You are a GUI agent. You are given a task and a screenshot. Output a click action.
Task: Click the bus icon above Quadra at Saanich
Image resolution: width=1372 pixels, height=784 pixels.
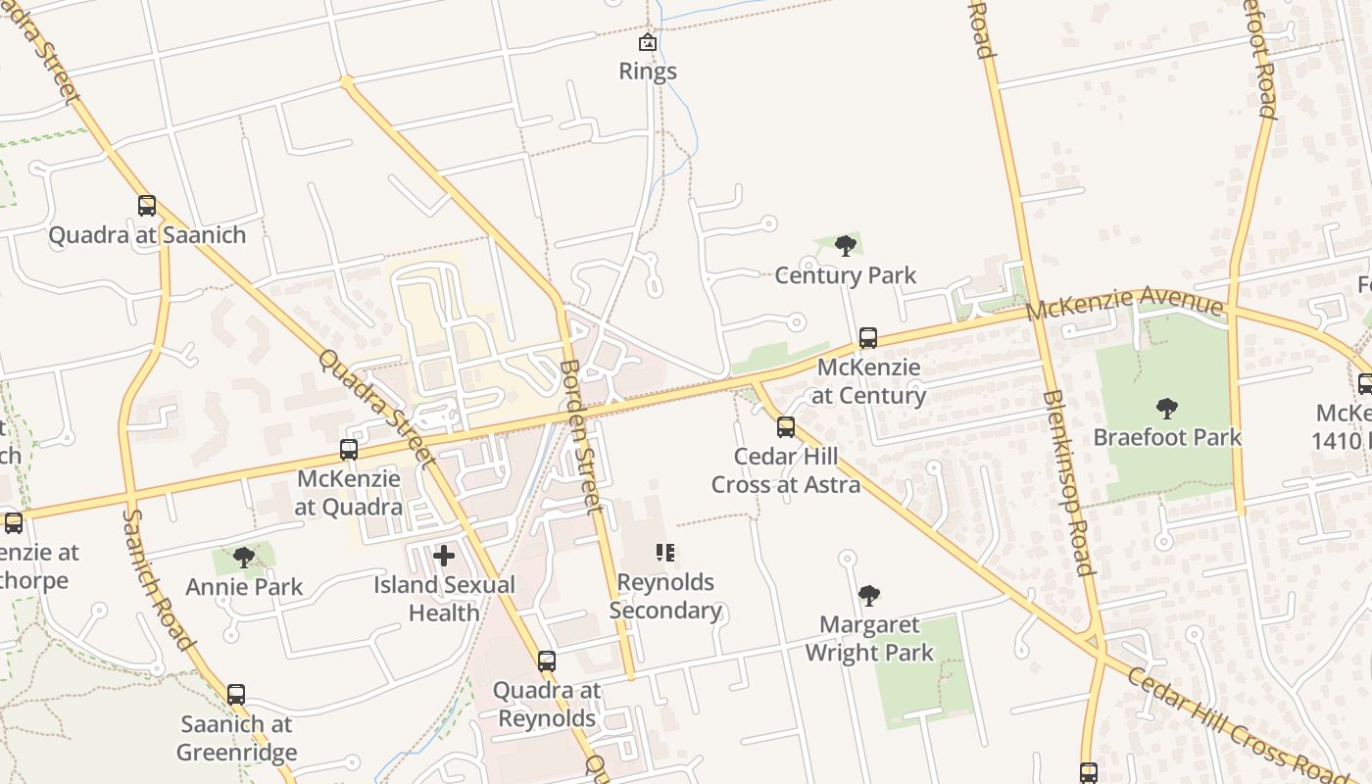click(147, 206)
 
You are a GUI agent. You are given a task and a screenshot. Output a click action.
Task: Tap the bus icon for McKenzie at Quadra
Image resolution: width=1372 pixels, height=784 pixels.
click(348, 450)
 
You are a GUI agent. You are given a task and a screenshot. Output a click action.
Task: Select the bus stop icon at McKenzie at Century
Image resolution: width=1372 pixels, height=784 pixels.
click(867, 338)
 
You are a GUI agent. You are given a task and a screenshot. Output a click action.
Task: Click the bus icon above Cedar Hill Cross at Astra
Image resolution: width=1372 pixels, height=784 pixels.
click(786, 427)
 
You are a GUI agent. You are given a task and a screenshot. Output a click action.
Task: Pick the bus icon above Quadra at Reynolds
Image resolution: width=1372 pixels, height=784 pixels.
click(547, 661)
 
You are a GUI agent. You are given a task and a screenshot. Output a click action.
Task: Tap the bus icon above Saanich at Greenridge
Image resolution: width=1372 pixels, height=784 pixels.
click(236, 695)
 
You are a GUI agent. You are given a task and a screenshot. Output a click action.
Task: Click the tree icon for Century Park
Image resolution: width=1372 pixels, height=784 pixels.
click(845, 246)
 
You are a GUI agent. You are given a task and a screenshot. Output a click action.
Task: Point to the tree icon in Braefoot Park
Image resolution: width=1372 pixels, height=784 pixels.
click(1166, 408)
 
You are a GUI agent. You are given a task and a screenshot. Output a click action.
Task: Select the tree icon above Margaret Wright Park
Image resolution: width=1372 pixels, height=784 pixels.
click(868, 595)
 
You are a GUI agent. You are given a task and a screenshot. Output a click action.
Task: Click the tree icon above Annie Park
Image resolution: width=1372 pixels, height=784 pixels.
click(244, 558)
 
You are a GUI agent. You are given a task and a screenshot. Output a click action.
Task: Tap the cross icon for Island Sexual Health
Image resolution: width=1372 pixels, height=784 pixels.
click(444, 556)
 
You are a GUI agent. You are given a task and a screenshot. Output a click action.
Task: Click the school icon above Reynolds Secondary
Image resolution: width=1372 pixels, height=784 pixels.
click(665, 553)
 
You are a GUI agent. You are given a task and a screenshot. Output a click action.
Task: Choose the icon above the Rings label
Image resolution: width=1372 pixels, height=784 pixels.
click(648, 42)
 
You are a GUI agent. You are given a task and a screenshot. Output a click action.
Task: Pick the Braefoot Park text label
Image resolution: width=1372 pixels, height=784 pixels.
click(1167, 437)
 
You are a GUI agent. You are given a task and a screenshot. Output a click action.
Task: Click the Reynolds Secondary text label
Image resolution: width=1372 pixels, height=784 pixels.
click(665, 596)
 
